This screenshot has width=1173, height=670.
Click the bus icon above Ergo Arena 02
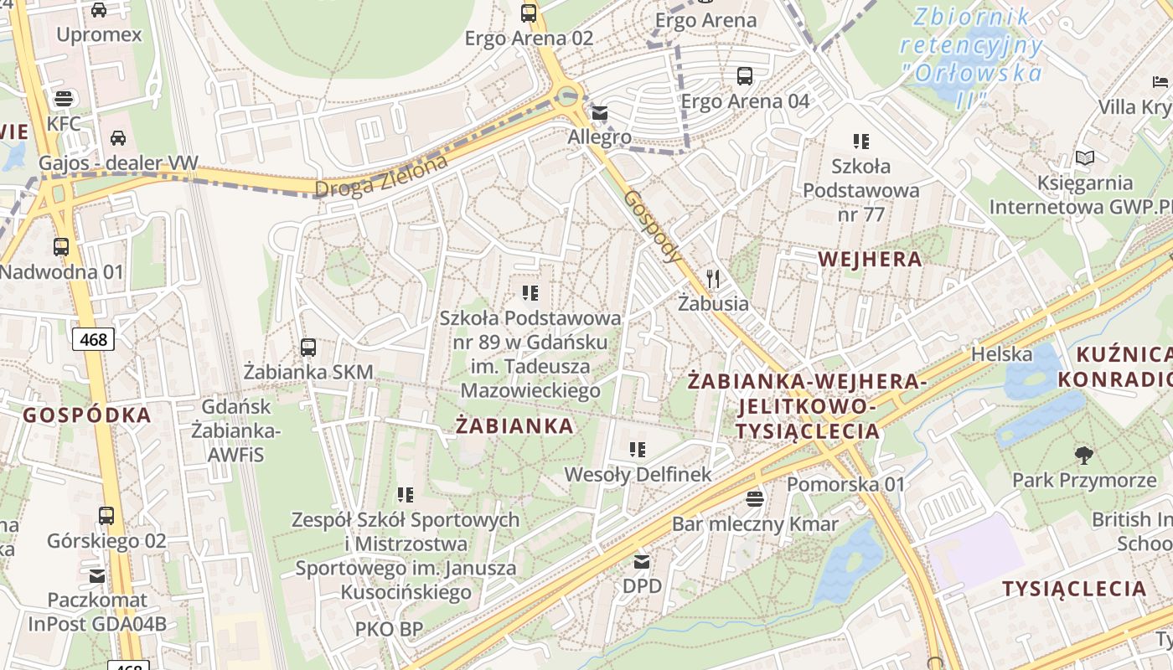(x=529, y=13)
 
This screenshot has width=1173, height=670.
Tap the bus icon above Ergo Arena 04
(x=744, y=76)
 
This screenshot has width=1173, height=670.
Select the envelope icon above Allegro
(x=600, y=113)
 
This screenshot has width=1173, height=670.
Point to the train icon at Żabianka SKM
(x=308, y=347)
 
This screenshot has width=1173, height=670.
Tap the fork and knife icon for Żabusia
(x=713, y=278)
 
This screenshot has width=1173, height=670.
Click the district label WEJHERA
(x=870, y=259)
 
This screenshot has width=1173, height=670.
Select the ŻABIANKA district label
(x=515, y=425)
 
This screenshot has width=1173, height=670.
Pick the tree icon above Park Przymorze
(x=1083, y=456)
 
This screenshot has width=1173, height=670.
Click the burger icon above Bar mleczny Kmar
(x=755, y=499)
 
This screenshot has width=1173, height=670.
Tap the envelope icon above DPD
(x=642, y=561)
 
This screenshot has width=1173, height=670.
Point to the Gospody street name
(x=653, y=226)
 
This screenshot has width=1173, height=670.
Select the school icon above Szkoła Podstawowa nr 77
(x=861, y=141)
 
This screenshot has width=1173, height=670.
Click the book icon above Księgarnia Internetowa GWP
(x=1084, y=157)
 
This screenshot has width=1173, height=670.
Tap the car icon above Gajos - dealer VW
(x=118, y=137)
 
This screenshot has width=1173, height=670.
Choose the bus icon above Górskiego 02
(x=106, y=516)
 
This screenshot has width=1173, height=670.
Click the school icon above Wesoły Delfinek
(x=638, y=450)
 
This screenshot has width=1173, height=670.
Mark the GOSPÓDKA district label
(x=87, y=415)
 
